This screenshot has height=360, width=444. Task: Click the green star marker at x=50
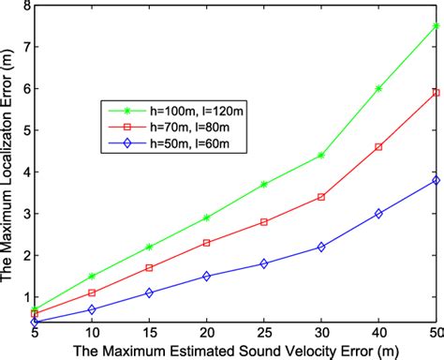(436, 26)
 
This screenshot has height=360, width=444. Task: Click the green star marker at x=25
(264, 184)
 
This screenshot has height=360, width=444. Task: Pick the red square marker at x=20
(207, 243)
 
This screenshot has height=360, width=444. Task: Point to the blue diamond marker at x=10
(92, 308)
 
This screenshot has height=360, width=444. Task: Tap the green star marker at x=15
(150, 247)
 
